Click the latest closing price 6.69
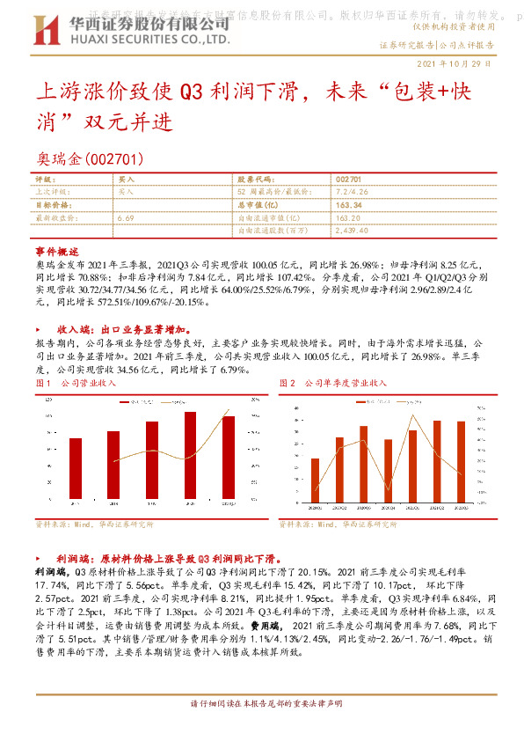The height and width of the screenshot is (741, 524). click(x=124, y=217)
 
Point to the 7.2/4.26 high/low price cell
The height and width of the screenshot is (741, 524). click(x=351, y=191)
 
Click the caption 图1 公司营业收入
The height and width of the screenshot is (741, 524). click(x=76, y=384)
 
